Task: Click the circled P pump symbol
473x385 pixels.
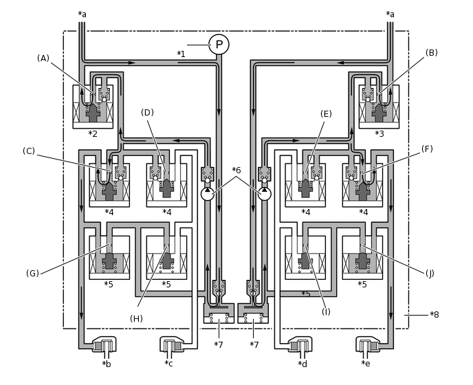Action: pos(219,44)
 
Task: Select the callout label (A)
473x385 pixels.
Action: pos(43,58)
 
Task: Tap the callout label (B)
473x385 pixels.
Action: pos(431,52)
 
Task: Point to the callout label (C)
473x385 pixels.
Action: pos(29,151)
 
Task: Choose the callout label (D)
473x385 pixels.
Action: pos(147,112)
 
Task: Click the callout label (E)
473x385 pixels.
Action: pos(326,113)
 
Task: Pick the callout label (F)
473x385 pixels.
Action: pos(427,148)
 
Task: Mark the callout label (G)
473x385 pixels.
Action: pos(32,273)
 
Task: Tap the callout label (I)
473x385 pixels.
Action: pos(326,311)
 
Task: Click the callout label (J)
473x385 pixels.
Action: pos(430,273)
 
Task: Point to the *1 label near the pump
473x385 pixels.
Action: pos(181,54)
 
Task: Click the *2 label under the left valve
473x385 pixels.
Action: pos(93,133)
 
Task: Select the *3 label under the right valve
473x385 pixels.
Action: pos(379,133)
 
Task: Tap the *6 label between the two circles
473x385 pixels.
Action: pos(236,170)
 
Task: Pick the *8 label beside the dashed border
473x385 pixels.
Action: pos(434,314)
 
